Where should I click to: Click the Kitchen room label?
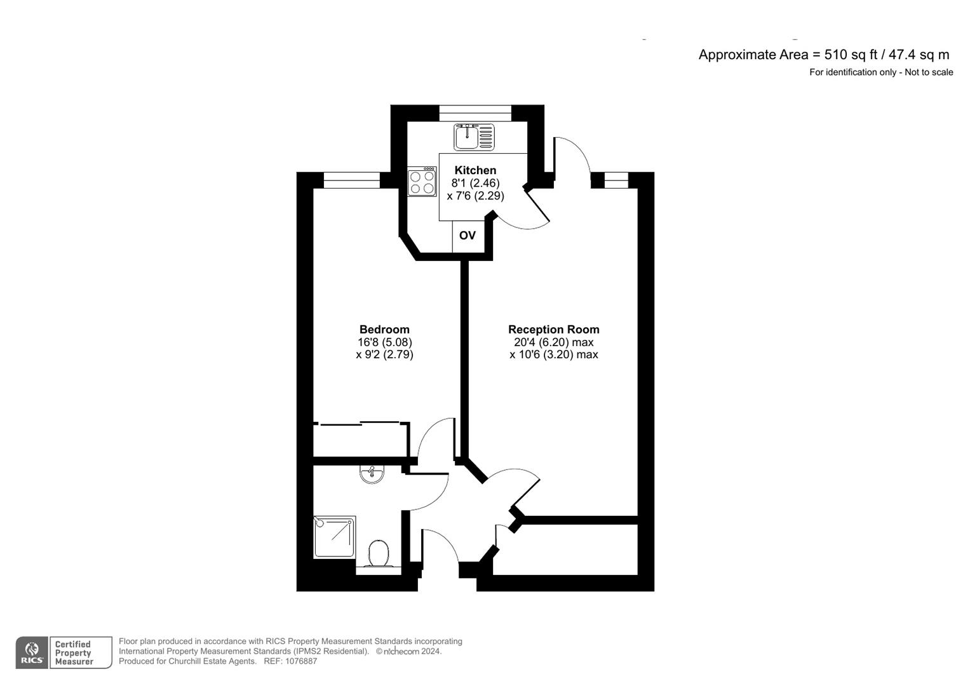[475, 170]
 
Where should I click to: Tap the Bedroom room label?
[384, 329]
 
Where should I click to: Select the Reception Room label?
[553, 329]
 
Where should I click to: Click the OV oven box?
[467, 236]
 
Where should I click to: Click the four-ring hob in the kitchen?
[422, 182]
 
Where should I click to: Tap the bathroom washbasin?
[372, 474]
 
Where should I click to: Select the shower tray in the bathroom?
[335, 537]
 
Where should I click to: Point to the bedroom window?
[351, 180]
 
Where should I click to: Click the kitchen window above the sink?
[475, 113]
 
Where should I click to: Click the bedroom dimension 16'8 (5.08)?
[384, 342]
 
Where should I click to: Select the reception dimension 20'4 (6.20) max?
[553, 342]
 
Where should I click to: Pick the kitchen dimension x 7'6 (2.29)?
[475, 196]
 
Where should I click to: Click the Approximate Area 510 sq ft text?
[823, 55]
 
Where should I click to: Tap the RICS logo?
[32, 652]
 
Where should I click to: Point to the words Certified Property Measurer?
[74, 653]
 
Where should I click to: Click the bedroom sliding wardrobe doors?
[361, 422]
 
